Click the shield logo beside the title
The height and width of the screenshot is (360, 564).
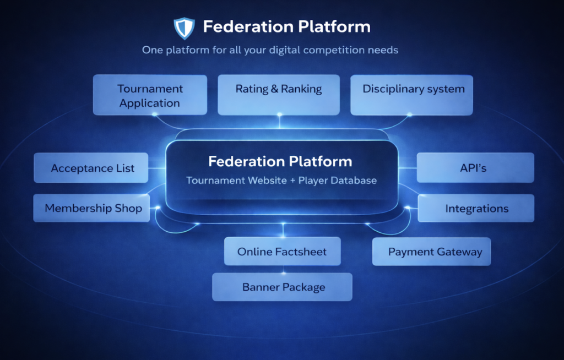pyautogui.click(x=184, y=26)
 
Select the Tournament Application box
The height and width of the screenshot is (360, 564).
pyautogui.click(x=150, y=95)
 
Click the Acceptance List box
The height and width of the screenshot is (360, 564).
pyautogui.click(x=91, y=168)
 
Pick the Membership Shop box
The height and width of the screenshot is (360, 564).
pyautogui.click(x=92, y=208)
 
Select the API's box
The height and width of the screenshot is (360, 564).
pyautogui.click(x=475, y=167)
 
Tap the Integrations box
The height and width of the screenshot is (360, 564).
pyautogui.click(x=476, y=208)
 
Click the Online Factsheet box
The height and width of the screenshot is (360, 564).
pyautogui.click(x=282, y=252)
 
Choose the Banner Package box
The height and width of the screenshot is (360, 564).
pyautogui.click(x=283, y=287)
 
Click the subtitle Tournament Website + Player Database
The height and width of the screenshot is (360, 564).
pyautogui.click(x=281, y=181)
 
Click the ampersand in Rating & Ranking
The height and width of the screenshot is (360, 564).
pyautogui.click(x=274, y=89)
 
